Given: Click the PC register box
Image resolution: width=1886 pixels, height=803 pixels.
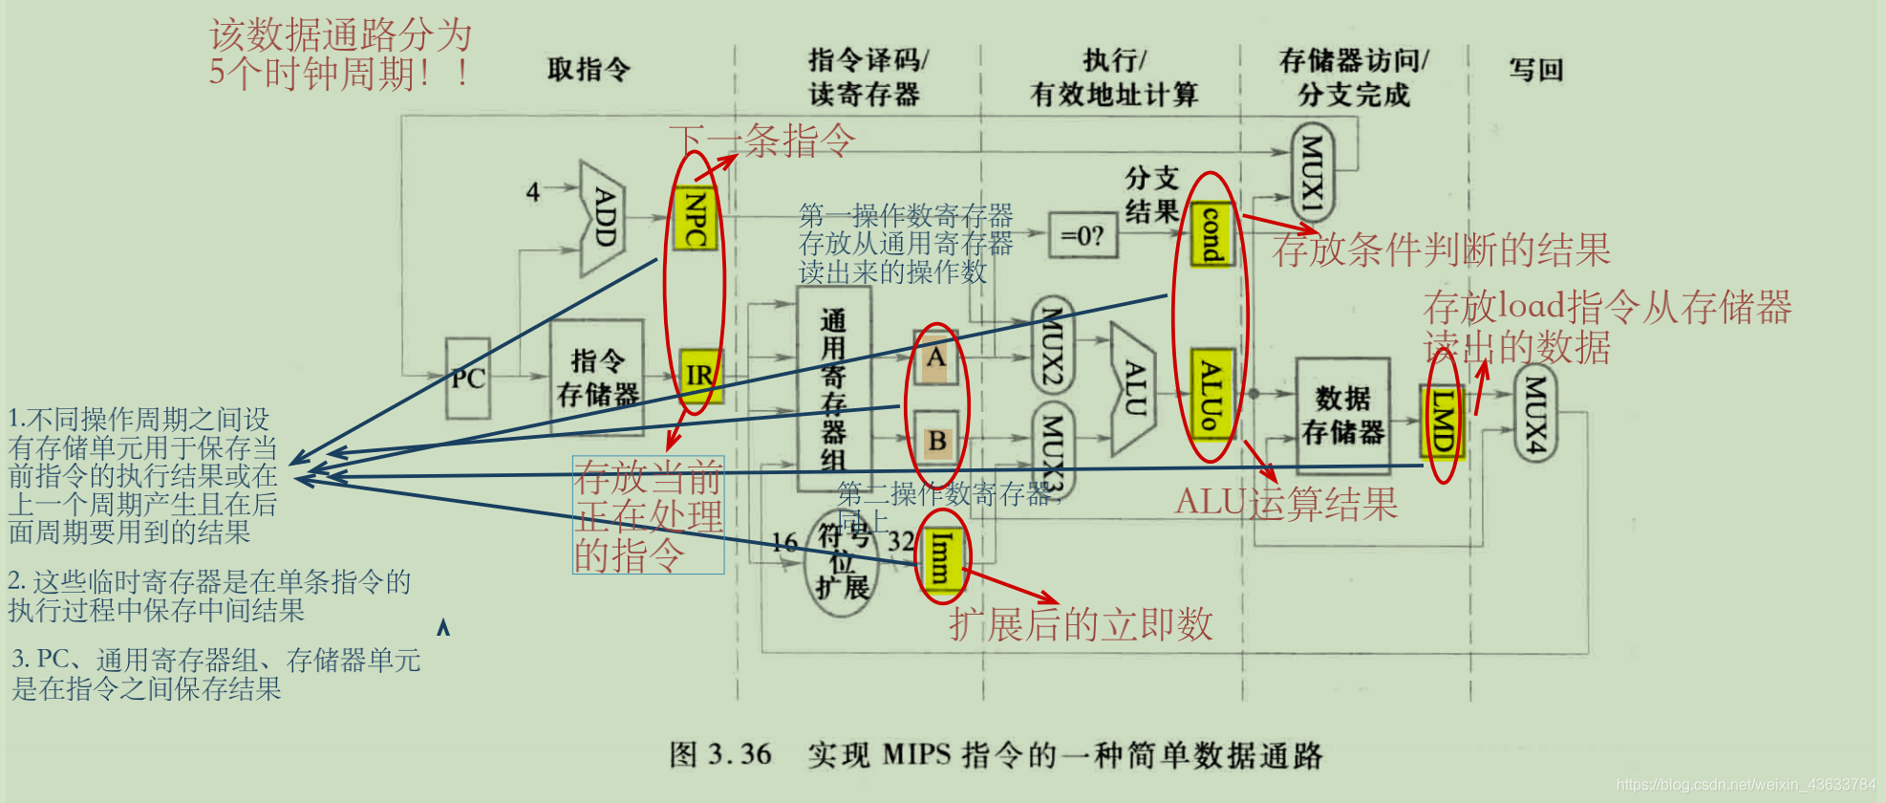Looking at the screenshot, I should tap(468, 379).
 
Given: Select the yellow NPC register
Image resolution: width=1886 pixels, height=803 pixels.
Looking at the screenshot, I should tap(695, 219).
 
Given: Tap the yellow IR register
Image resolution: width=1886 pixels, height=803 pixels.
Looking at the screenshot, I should tap(699, 375).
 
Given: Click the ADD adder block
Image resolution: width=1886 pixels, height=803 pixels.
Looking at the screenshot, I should tap(603, 218).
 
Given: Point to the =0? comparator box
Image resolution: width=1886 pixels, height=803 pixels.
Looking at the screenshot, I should tap(1082, 235).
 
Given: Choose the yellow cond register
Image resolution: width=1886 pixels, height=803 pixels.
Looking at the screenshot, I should tap(1211, 234).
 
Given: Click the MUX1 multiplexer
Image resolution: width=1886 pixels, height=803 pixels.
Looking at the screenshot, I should tap(1312, 173).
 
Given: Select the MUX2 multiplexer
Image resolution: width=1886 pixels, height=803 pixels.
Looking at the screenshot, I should tap(1052, 345).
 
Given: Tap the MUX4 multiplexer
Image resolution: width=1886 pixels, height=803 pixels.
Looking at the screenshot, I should tap(1534, 413).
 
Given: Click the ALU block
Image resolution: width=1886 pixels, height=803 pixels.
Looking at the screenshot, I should tap(1132, 388).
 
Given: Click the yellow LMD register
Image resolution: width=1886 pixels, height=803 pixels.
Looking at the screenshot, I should tap(1441, 421).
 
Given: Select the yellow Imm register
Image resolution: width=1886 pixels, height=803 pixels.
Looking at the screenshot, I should tap(940, 557).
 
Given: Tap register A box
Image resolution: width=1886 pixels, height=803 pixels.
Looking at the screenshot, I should tap(935, 358).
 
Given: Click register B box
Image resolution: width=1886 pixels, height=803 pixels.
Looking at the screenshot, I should tap(936, 441).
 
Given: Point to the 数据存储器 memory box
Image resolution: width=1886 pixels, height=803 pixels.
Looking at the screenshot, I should tap(1342, 415).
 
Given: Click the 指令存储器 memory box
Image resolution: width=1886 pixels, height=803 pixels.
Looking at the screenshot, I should tap(597, 378).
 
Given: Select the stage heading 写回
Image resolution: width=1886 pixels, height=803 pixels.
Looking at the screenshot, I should tap(1535, 70).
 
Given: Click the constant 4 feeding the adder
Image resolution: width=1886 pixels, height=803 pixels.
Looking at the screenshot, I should tap(533, 192).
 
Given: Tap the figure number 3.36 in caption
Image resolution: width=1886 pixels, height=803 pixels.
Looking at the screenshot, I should tap(739, 754).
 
